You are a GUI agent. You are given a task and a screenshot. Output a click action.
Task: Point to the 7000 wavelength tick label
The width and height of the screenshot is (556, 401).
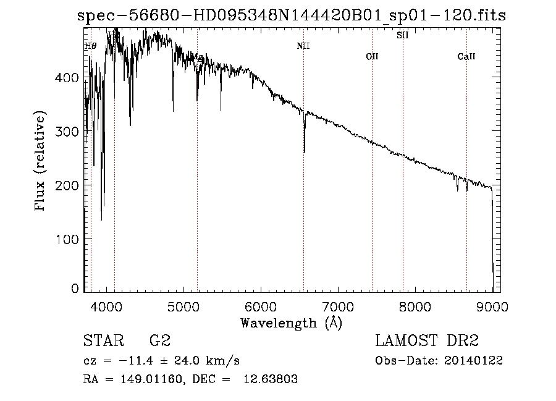(x=338, y=305)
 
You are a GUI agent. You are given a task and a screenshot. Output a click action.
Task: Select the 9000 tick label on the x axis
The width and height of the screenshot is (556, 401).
(x=492, y=305)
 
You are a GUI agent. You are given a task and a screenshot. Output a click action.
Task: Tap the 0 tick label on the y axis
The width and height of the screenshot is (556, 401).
(x=75, y=288)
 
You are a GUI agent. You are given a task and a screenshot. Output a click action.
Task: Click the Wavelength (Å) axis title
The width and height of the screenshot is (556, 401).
(x=291, y=323)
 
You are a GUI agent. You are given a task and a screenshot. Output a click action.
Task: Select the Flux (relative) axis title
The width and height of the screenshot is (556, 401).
(x=41, y=163)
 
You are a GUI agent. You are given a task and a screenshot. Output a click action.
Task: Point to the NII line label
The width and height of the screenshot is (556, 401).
(x=303, y=46)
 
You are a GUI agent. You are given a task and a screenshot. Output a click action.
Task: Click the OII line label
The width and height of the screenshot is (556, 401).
(x=372, y=57)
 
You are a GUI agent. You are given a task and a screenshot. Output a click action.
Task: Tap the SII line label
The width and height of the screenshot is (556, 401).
(x=402, y=35)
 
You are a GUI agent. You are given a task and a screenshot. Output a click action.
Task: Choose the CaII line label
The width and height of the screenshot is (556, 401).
(x=466, y=57)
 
